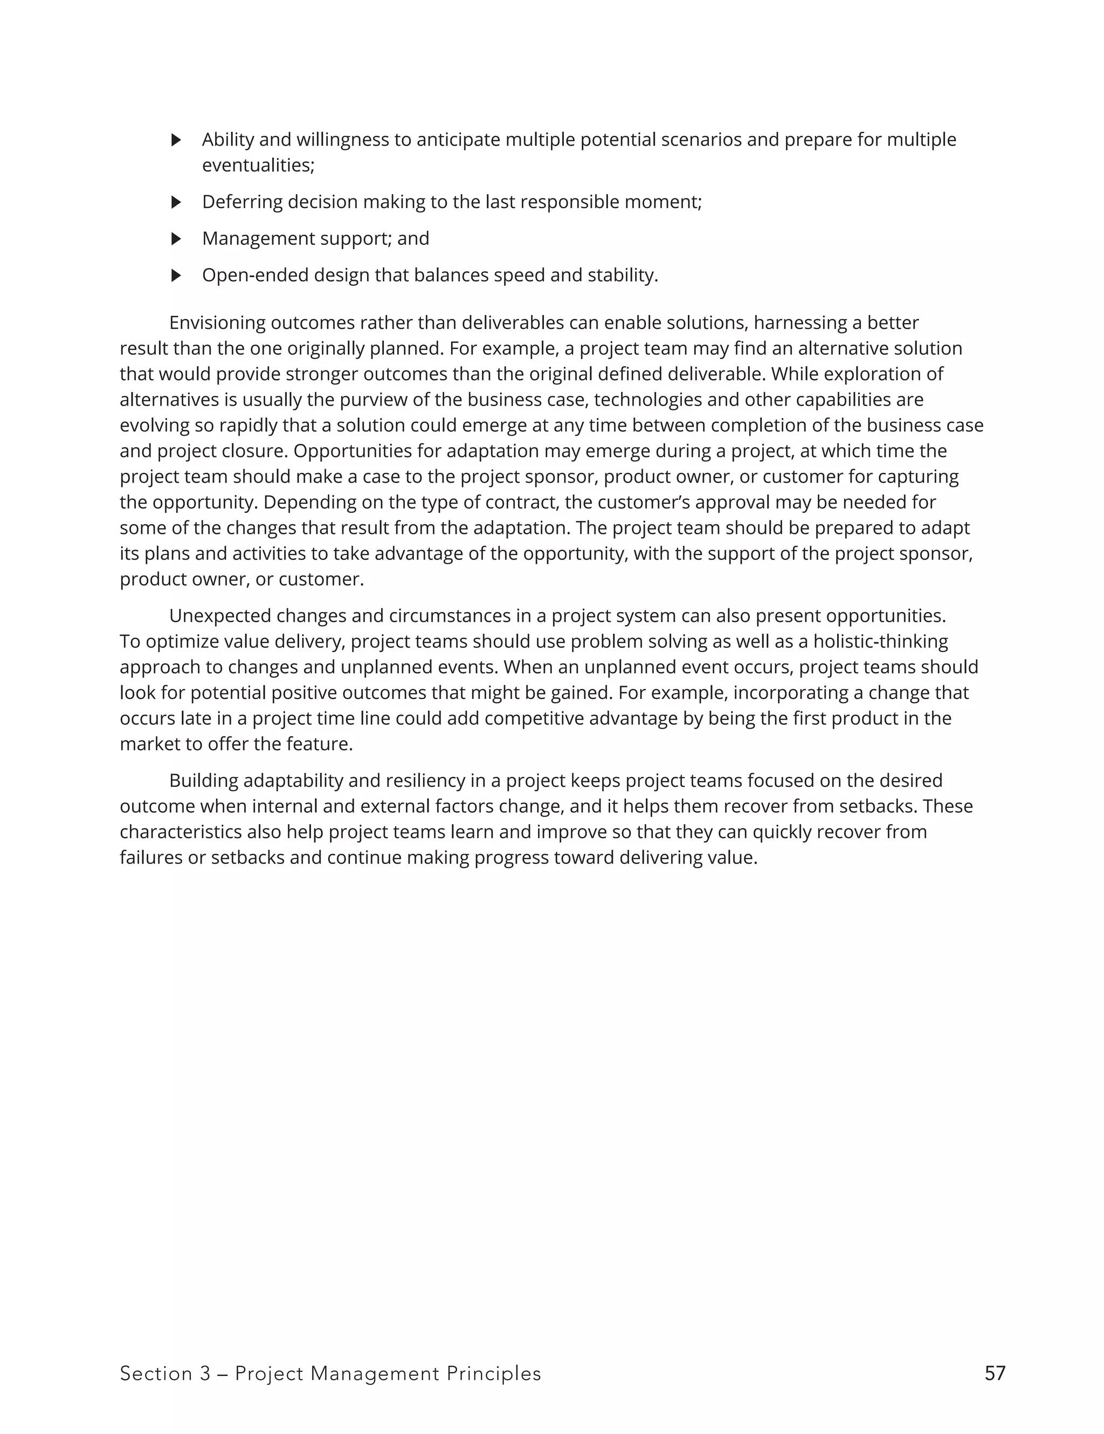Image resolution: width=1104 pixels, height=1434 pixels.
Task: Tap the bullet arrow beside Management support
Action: (x=175, y=238)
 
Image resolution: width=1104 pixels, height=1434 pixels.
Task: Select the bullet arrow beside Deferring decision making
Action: (x=175, y=202)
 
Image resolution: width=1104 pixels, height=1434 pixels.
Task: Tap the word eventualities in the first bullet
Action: (x=257, y=166)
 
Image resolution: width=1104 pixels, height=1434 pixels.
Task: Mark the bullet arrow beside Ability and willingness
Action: (x=175, y=140)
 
